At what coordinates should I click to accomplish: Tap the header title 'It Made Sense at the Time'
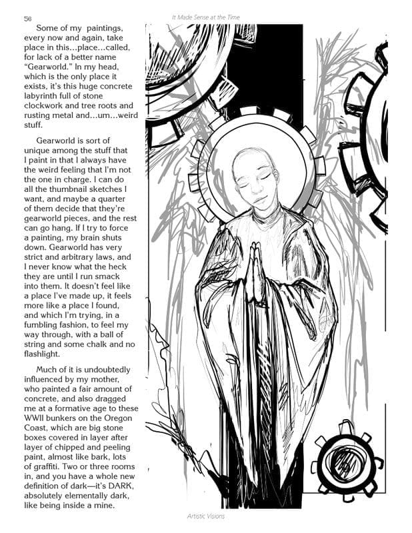[x=205, y=16]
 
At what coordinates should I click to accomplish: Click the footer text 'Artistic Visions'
[x=205, y=516]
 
